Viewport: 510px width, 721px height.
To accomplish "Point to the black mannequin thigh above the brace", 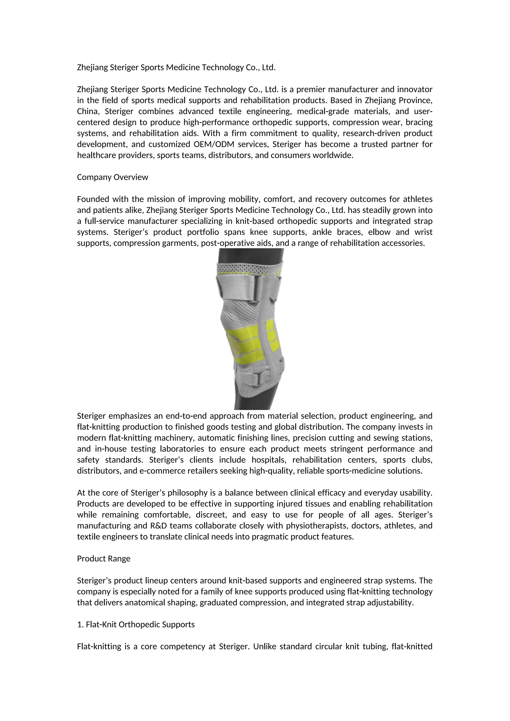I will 251,255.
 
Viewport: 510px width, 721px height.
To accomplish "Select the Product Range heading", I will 104,559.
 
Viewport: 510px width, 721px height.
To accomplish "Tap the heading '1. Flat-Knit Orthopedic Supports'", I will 136,625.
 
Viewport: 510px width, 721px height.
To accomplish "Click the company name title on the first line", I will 176,67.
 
